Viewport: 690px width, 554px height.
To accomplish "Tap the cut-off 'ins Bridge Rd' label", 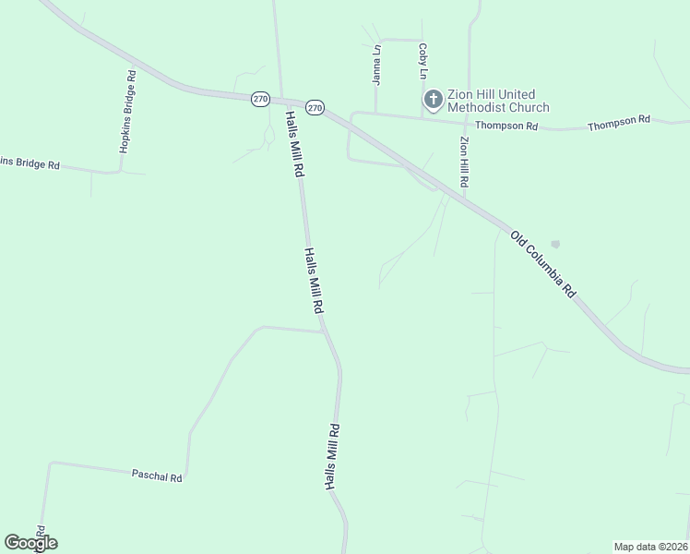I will tap(30, 163).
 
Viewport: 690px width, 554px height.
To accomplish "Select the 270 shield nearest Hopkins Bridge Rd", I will tap(260, 99).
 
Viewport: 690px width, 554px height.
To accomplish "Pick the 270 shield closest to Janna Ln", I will tap(315, 108).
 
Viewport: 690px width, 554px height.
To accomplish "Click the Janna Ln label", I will tap(376, 65).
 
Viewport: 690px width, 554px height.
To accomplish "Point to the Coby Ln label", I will tap(423, 61).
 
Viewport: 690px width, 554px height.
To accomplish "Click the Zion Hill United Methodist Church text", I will tap(498, 101).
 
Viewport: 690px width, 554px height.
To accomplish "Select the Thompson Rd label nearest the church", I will tap(506, 126).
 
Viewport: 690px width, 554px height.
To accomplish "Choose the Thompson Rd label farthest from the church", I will tap(619, 120).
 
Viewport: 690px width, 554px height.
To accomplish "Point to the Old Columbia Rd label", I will tap(543, 264).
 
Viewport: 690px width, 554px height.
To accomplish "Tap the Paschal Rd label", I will tap(157, 476).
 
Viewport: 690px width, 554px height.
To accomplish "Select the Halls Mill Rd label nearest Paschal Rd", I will tap(333, 456).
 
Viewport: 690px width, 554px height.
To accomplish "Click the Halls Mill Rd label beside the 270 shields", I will tap(293, 144).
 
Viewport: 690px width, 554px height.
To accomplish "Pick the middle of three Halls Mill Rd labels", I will tap(315, 281).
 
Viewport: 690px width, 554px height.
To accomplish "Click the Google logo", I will tap(30, 543).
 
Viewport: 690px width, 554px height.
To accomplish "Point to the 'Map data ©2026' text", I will tap(651, 546).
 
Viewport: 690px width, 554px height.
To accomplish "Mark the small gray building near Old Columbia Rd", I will tap(554, 245).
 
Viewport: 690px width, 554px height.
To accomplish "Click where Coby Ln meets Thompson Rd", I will tap(423, 117).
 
